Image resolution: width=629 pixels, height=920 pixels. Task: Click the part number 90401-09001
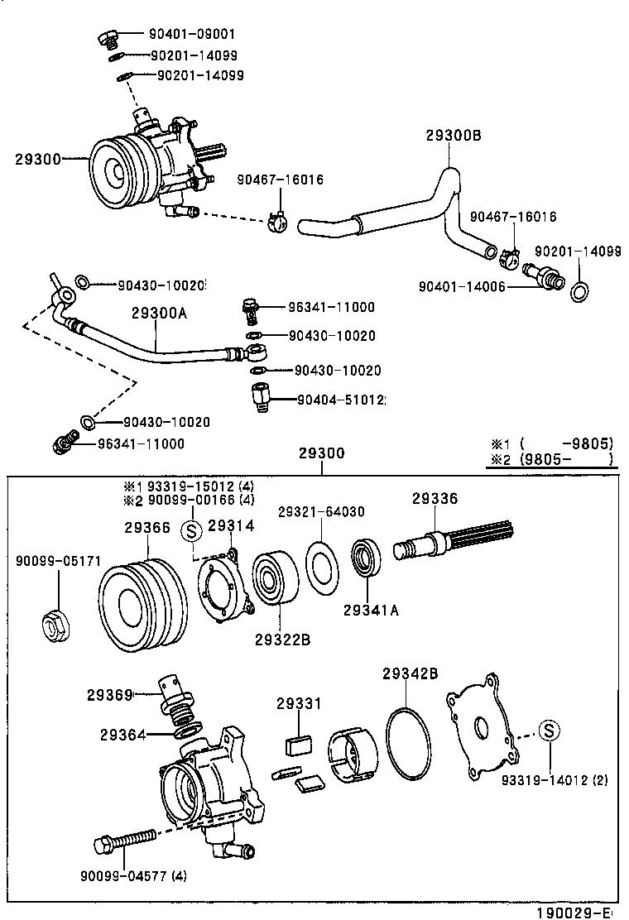(192, 35)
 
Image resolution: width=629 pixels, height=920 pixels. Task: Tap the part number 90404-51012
(342, 400)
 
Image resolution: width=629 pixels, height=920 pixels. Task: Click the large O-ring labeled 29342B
(409, 744)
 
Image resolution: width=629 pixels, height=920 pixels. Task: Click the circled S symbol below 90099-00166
(190, 529)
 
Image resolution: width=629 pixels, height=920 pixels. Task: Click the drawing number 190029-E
(574, 912)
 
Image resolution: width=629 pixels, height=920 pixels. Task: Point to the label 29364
(125, 734)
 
